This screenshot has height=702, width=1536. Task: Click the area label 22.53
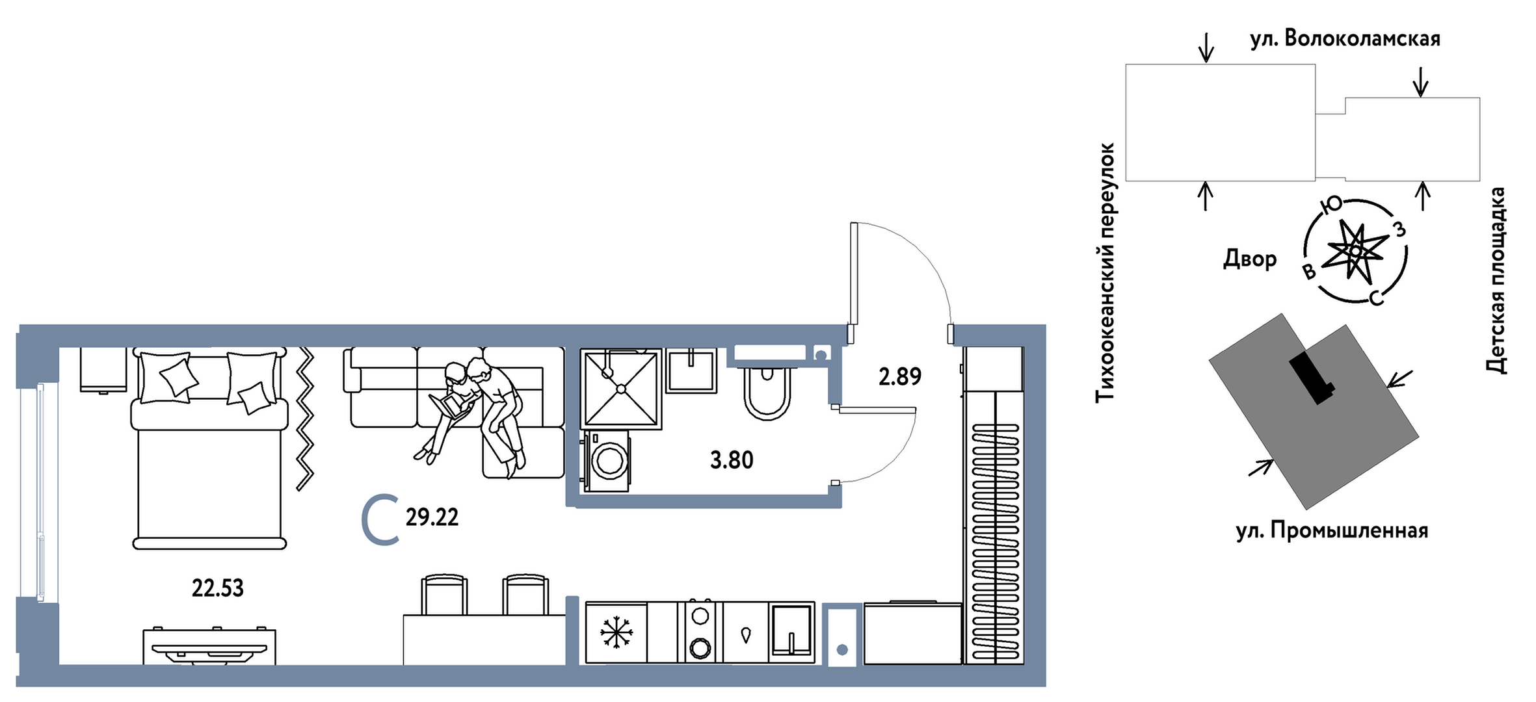point(217,588)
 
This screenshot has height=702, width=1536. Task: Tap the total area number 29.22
point(432,517)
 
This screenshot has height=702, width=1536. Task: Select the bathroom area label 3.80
point(732,460)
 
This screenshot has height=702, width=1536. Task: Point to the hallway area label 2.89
point(900,377)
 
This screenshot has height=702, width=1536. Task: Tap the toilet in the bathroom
point(767,393)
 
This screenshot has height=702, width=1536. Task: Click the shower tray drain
point(621,389)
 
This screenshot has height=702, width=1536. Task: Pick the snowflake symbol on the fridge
point(616,632)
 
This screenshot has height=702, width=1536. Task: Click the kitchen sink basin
point(791,631)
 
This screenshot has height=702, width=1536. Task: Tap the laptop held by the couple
point(447,405)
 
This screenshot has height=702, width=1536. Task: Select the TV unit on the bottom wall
point(209,646)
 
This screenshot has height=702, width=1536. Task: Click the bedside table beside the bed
point(103,370)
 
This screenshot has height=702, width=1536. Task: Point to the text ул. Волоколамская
point(1345,39)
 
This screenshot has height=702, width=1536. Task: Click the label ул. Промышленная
point(1332,531)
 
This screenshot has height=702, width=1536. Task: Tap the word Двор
point(1250,259)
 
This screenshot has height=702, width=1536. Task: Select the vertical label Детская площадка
point(1496,280)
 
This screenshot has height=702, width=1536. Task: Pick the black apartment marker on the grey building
point(1312,378)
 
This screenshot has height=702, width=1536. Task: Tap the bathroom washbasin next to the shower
point(691,370)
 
